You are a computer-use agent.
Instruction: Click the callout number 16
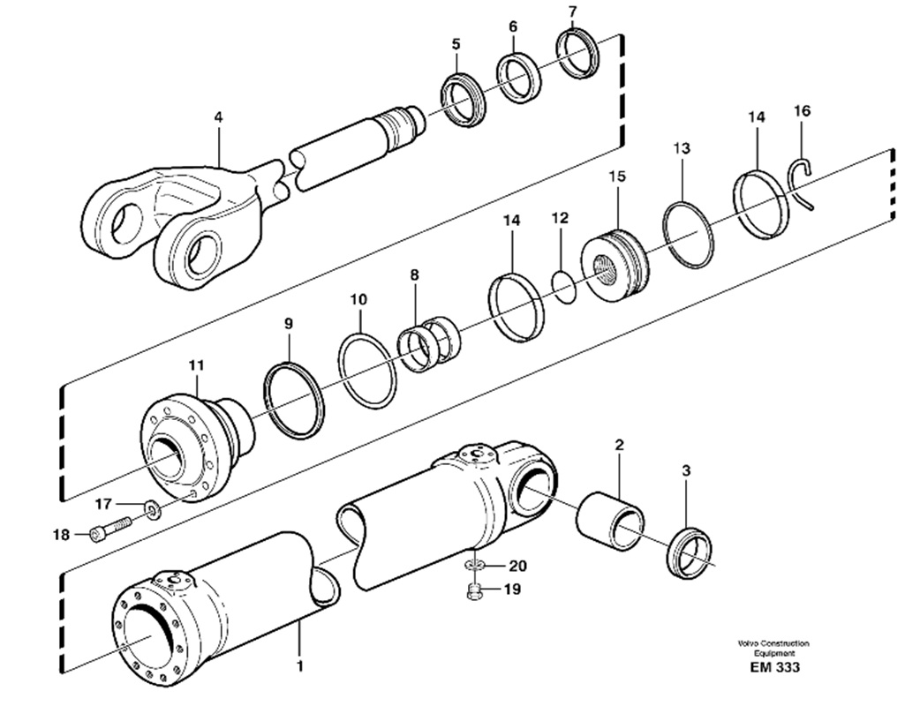pyautogui.click(x=802, y=110)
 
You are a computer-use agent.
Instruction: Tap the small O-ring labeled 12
pyautogui.click(x=564, y=286)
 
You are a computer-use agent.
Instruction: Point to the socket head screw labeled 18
pyautogui.click(x=111, y=529)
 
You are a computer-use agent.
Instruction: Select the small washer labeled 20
pyautogui.click(x=474, y=566)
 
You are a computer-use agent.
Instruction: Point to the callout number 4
pyautogui.click(x=217, y=116)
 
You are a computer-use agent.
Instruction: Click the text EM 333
pyautogui.click(x=774, y=667)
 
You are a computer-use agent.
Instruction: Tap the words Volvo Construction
pyautogui.click(x=773, y=643)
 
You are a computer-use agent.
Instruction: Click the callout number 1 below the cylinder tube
pyautogui.click(x=299, y=666)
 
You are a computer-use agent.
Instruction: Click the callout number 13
pyautogui.click(x=682, y=148)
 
